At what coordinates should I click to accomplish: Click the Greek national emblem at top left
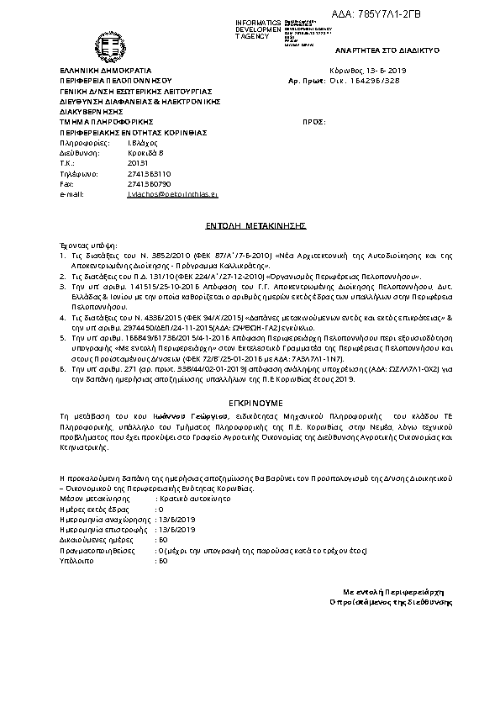[111, 47]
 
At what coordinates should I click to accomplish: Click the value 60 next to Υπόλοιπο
[162, 560]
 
